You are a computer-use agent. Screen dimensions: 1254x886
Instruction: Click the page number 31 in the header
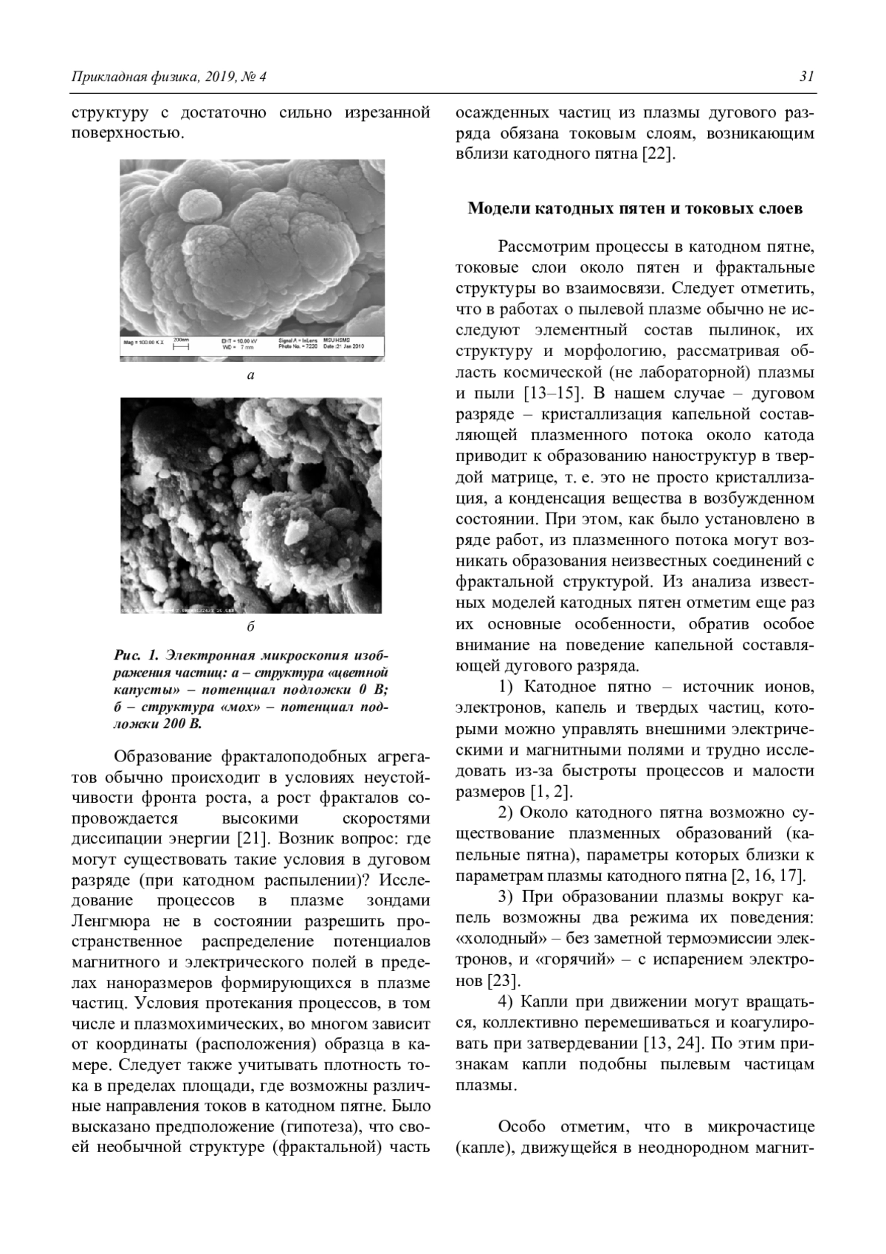click(807, 77)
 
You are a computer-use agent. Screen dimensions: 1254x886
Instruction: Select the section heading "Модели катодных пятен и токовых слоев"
click(634, 208)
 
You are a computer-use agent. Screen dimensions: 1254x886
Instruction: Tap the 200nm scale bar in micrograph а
click(181, 343)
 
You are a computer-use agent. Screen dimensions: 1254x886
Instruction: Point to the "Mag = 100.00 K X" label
click(144, 343)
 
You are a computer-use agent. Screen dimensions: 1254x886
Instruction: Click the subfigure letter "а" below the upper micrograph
click(250, 375)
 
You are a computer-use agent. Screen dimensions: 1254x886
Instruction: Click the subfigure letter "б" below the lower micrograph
click(250, 627)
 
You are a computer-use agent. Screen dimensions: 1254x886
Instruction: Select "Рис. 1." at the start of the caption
click(137, 655)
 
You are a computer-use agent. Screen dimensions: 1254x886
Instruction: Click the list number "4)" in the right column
click(505, 1001)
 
